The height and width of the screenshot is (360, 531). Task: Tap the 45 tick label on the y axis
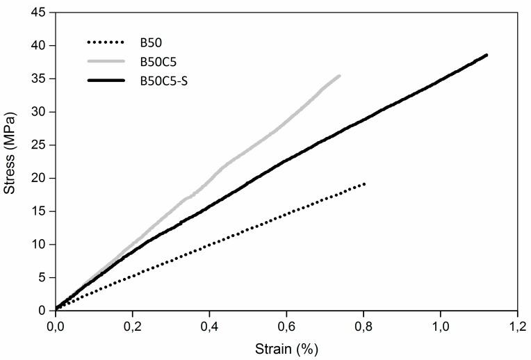click(x=42, y=13)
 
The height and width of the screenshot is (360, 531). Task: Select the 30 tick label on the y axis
click(x=42, y=112)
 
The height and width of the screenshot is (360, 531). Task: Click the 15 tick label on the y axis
click(x=42, y=211)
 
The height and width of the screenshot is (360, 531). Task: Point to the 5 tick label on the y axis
click(x=44, y=277)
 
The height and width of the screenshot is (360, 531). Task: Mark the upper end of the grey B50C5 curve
click(x=339, y=76)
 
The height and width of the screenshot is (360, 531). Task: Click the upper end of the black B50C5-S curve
click(x=487, y=55)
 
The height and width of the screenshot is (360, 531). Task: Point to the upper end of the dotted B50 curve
click(x=364, y=183)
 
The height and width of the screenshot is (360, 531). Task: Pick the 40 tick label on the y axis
click(x=42, y=46)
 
